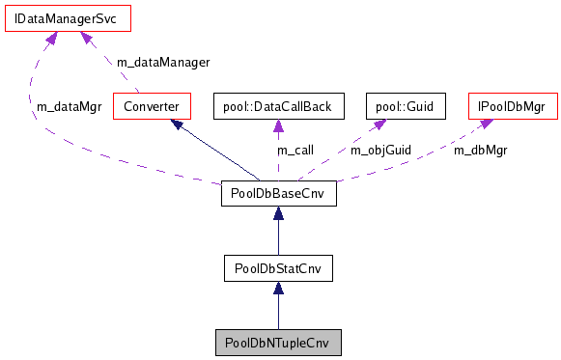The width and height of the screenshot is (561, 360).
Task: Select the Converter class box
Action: [152, 104]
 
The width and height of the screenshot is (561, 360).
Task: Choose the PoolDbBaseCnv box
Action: [278, 194]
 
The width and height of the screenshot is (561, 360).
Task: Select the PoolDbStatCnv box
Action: [278, 267]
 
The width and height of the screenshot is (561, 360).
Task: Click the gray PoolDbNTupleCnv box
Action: [278, 343]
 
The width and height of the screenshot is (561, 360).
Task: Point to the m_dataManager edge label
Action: [162, 62]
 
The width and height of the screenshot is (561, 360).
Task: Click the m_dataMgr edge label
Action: [69, 106]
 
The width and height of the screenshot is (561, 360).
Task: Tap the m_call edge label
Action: [295, 150]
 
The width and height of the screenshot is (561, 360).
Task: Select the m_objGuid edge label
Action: [379, 150]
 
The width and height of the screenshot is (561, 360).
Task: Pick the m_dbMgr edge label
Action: [480, 150]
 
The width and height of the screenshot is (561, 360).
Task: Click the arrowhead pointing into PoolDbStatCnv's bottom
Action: [278, 290]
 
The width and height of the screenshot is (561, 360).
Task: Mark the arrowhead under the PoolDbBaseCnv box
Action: [278, 215]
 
